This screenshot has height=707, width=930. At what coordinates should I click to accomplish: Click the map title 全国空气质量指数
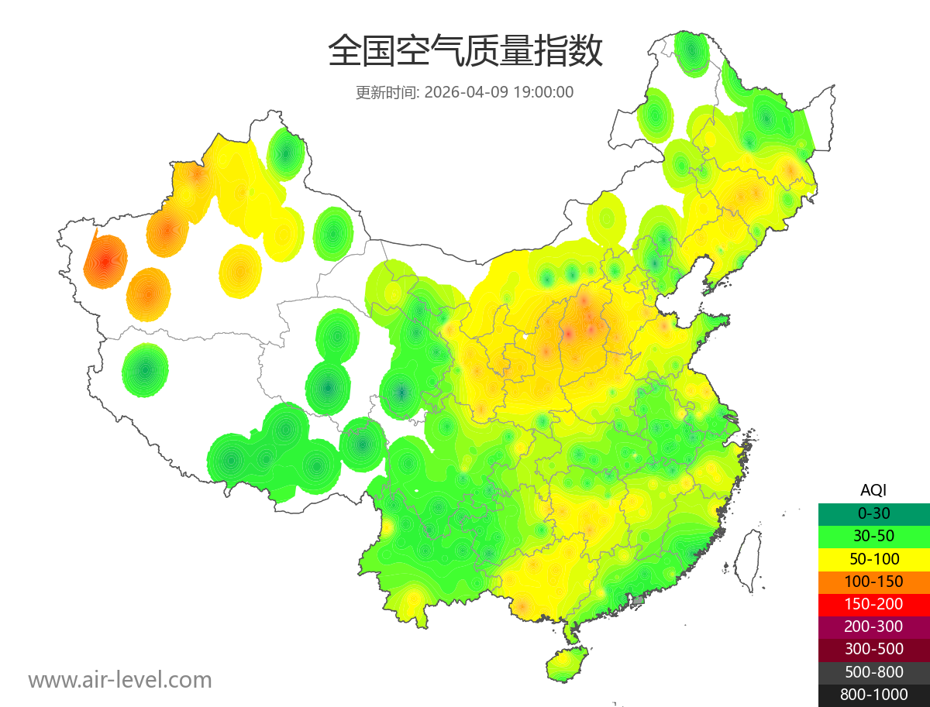[x=465, y=52]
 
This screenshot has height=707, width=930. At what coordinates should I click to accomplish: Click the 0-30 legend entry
[x=873, y=513]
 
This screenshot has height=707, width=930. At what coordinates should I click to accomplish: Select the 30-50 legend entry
[x=873, y=536]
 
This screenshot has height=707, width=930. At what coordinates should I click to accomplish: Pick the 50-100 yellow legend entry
[x=873, y=558]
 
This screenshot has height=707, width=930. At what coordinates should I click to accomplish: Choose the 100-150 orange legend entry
[x=873, y=582]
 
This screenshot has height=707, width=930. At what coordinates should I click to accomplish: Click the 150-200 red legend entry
[x=873, y=604]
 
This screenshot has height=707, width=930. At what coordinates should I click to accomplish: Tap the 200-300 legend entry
[x=873, y=626]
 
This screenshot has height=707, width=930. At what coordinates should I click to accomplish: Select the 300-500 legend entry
[x=873, y=649]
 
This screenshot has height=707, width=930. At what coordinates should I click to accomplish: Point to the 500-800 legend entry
[x=873, y=672]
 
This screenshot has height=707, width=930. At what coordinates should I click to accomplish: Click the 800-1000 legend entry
[x=873, y=695]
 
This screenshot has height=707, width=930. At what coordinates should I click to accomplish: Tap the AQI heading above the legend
[x=873, y=490]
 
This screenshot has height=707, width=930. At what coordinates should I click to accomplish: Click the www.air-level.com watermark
[x=120, y=681]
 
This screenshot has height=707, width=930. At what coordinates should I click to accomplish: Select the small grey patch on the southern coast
[x=639, y=599]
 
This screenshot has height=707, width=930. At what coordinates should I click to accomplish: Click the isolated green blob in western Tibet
[x=145, y=370]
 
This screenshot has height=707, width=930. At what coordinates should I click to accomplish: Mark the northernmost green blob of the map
[x=691, y=53]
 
